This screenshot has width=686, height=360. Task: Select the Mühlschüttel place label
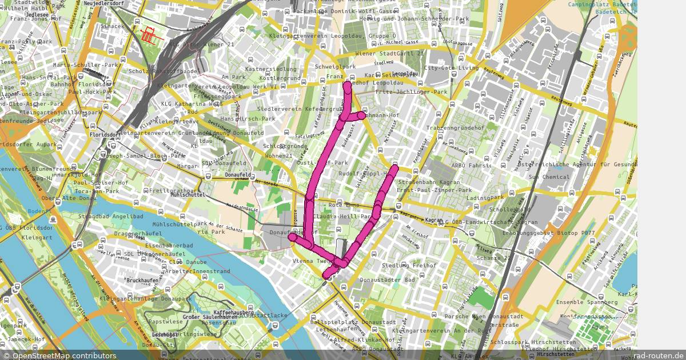pos(188,195)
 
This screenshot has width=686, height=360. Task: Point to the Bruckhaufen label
pos(141,281)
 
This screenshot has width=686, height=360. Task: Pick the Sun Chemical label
pos(549,177)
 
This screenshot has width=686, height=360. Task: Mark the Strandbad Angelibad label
pos(111,217)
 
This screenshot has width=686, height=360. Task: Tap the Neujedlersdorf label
pos(103,3)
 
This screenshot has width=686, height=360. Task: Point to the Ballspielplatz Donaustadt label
pos(353,322)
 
